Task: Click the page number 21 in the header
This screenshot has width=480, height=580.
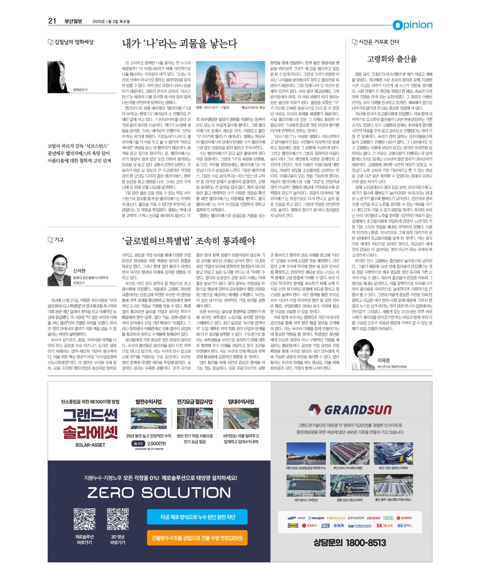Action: coord(52,21)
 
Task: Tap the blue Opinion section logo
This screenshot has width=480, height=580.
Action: coord(412,25)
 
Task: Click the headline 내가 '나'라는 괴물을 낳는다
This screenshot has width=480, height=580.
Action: coord(180,44)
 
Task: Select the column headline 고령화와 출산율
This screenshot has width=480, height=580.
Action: coord(392,59)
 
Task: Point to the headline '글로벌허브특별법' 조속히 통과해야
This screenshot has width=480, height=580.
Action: coord(189,241)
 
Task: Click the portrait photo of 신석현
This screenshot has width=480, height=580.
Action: coord(59,270)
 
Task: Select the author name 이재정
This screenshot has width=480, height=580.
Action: coord(383,360)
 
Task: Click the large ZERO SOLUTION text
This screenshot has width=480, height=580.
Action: coord(159,493)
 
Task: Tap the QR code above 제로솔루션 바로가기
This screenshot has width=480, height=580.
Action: coord(84,519)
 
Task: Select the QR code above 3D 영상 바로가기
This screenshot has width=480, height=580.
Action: coord(118,519)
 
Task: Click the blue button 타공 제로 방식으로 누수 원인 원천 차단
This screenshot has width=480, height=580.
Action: coord(197,517)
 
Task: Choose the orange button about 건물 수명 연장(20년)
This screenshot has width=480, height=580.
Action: coord(197,538)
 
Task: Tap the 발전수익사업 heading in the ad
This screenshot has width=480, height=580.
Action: coord(149,402)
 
